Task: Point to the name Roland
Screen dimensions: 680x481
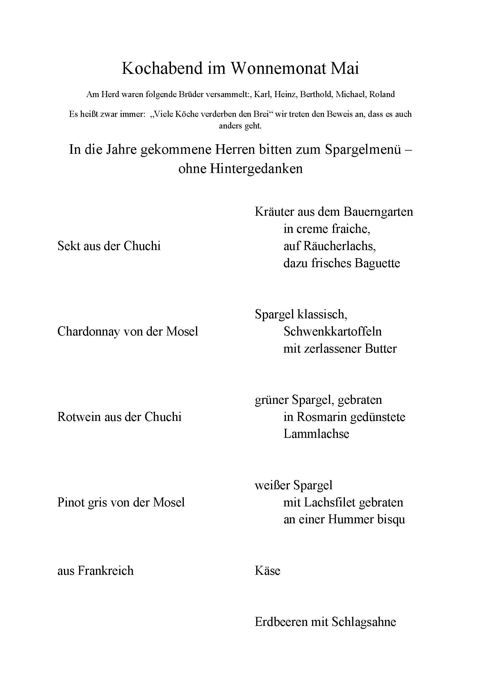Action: pyautogui.click(x=382, y=94)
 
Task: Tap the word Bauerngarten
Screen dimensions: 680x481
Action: pyautogui.click(x=378, y=212)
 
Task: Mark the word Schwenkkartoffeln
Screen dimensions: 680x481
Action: pyautogui.click(x=332, y=331)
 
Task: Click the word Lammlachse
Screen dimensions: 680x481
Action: pyautogui.click(x=316, y=434)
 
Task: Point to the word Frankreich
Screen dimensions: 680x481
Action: pyautogui.click(x=106, y=571)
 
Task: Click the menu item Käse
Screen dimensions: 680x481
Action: pyautogui.click(x=267, y=571)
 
